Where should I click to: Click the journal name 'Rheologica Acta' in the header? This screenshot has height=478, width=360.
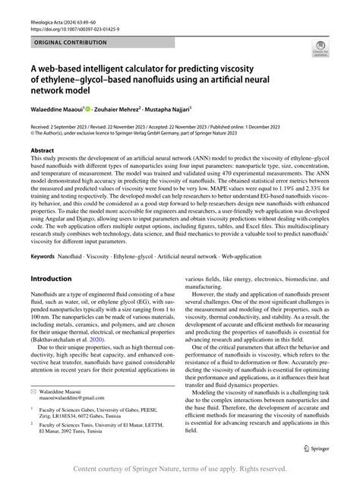tap(42, 9)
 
